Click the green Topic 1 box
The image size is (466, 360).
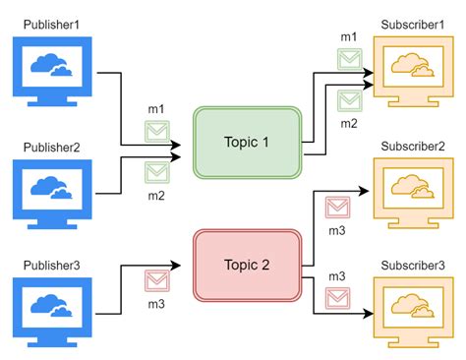247,143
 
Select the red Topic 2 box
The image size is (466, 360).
247,265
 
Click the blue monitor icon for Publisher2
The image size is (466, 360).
50,191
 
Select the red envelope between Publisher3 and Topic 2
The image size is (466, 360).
157,282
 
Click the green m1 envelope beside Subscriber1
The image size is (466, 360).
349,59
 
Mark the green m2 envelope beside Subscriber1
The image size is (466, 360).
349,99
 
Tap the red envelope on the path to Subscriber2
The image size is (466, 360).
337,208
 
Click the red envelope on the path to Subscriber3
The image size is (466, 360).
337,296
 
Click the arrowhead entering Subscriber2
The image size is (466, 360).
367,189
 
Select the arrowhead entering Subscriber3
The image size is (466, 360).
367,314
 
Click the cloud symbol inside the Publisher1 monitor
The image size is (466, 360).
50,67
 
